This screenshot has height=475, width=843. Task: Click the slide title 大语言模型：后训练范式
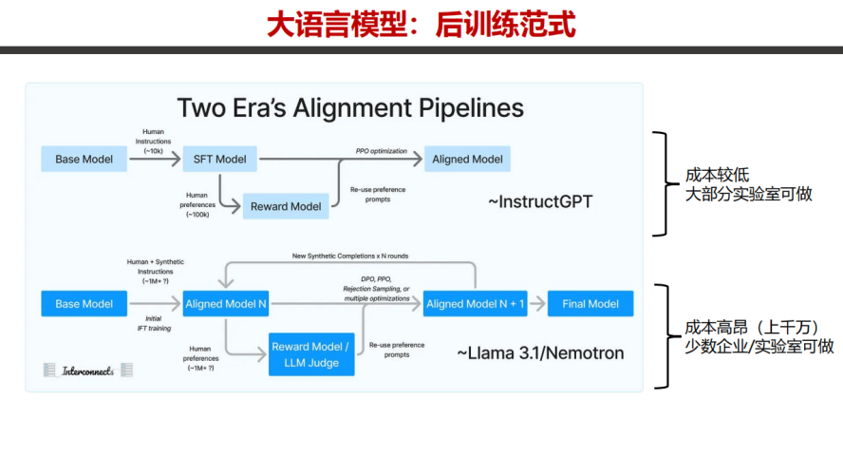pyautogui.click(x=421, y=24)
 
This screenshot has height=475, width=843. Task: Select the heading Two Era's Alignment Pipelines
pyautogui.click(x=350, y=107)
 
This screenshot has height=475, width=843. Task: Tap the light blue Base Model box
pyautogui.click(x=84, y=159)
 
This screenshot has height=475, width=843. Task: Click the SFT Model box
pyautogui.click(x=219, y=159)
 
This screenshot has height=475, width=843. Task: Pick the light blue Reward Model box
pyautogui.click(x=285, y=206)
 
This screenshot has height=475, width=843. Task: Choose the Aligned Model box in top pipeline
pyautogui.click(x=467, y=159)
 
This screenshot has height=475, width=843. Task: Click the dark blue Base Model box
pyautogui.click(x=84, y=304)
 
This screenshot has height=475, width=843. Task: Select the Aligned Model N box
pyautogui.click(x=226, y=304)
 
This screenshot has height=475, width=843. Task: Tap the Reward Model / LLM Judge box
pyautogui.click(x=311, y=354)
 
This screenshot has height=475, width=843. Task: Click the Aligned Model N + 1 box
pyautogui.click(x=476, y=304)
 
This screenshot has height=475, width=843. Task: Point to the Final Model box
pyautogui.click(x=590, y=304)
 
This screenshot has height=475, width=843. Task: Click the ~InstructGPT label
pyautogui.click(x=539, y=201)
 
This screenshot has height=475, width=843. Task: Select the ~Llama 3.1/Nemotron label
pyautogui.click(x=540, y=353)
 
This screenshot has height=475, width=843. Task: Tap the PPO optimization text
pyautogui.click(x=381, y=151)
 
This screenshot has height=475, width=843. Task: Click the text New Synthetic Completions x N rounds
pyautogui.click(x=349, y=256)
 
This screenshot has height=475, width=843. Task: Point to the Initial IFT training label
pyautogui.click(x=152, y=323)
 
